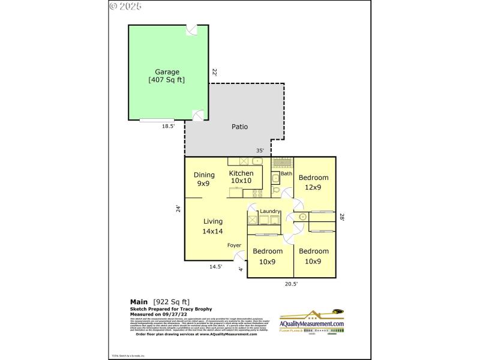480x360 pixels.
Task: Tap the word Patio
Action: point(240,127)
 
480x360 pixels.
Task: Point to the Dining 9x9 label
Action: point(204,179)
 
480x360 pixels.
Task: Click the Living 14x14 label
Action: point(213,226)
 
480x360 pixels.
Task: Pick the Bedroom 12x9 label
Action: point(314,182)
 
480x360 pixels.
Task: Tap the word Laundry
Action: point(271,211)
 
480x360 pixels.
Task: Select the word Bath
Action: point(286,174)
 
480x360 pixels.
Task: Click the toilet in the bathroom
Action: point(276,191)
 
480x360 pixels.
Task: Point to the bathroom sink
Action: point(275,178)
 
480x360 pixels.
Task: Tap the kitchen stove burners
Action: point(257,193)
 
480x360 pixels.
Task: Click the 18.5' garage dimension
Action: point(168,127)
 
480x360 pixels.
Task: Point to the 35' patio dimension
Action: point(260,151)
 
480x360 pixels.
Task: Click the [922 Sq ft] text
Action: point(172,301)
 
